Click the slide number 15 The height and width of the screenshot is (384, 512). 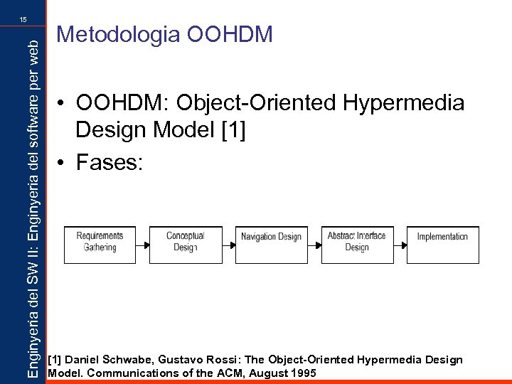pos(23,21)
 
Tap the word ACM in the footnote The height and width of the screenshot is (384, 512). pos(230,372)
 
